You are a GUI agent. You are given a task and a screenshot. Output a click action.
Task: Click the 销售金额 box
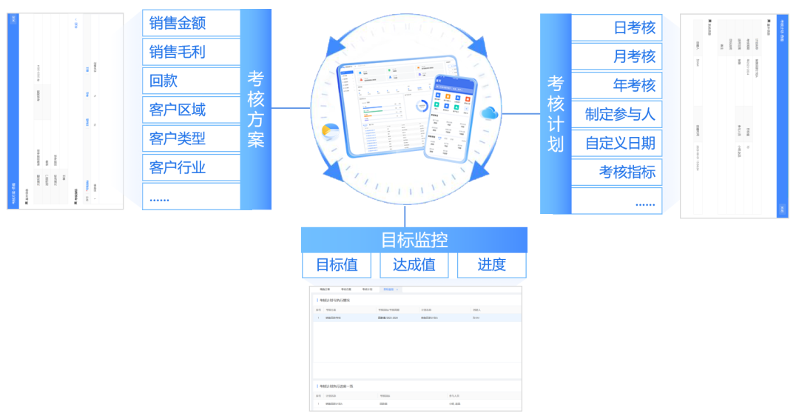191,23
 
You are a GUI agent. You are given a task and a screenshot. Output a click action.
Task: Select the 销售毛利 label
191,52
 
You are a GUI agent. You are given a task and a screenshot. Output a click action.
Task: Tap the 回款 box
191,81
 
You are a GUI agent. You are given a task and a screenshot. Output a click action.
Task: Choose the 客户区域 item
191,110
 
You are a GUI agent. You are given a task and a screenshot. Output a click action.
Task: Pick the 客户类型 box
191,138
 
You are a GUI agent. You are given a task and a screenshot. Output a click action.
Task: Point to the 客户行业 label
191,167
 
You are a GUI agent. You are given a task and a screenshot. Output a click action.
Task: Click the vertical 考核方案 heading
256,109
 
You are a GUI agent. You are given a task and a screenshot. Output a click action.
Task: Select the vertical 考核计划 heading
556,113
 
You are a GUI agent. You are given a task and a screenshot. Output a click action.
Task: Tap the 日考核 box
617,28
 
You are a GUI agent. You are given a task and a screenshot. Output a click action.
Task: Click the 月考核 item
617,56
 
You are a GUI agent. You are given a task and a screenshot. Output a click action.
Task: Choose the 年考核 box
617,85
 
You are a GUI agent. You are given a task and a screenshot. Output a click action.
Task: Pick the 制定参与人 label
617,114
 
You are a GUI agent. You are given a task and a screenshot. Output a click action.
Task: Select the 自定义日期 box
617,143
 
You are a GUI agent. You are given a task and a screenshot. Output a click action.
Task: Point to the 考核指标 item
617,172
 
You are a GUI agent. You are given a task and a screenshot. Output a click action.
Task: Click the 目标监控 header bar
414,240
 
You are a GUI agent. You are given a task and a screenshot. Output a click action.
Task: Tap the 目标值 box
337,265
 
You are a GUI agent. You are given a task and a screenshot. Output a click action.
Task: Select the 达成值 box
414,265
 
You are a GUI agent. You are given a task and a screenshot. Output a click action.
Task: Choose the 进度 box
491,265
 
